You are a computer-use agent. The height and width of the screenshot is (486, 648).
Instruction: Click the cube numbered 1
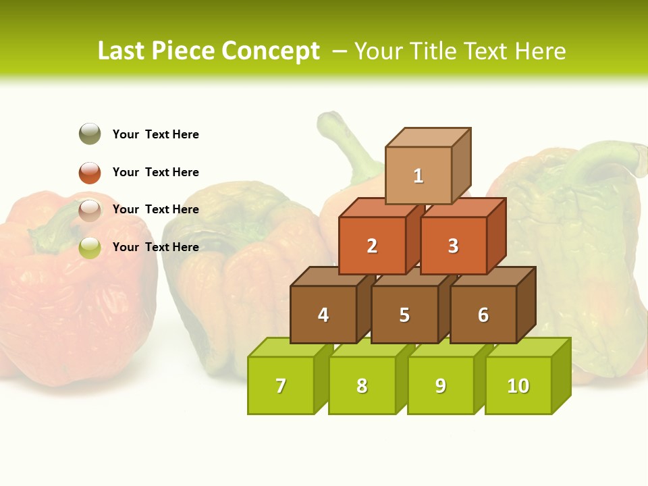tap(418, 175)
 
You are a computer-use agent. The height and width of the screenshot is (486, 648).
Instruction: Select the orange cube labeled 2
tap(372, 246)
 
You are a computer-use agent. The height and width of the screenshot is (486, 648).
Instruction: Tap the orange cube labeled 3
tap(453, 246)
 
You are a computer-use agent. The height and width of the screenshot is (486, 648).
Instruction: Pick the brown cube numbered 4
tap(323, 315)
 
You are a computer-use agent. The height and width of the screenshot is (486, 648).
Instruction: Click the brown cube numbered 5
tap(404, 315)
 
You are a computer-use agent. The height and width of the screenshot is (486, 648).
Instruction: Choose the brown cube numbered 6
tap(483, 315)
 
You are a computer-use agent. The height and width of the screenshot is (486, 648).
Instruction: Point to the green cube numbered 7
tap(281, 385)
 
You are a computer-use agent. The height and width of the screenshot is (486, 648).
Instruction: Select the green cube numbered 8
tap(362, 385)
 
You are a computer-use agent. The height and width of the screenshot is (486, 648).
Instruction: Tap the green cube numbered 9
tap(440, 385)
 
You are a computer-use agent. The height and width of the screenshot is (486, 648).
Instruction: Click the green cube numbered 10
tap(518, 385)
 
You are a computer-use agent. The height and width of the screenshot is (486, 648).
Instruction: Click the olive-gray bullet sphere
tap(90, 134)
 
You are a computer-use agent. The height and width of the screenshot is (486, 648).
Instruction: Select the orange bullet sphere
tap(90, 172)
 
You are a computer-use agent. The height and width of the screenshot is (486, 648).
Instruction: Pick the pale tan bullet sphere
tap(90, 210)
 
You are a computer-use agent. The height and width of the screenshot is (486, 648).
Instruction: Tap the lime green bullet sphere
tap(90, 247)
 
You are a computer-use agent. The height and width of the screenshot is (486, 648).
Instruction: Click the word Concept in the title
tap(271, 51)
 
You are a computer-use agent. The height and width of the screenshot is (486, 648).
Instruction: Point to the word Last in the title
tap(123, 51)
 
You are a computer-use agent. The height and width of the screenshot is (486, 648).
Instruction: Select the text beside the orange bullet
tap(156, 172)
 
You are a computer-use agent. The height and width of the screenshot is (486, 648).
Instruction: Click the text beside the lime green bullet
tap(156, 247)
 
